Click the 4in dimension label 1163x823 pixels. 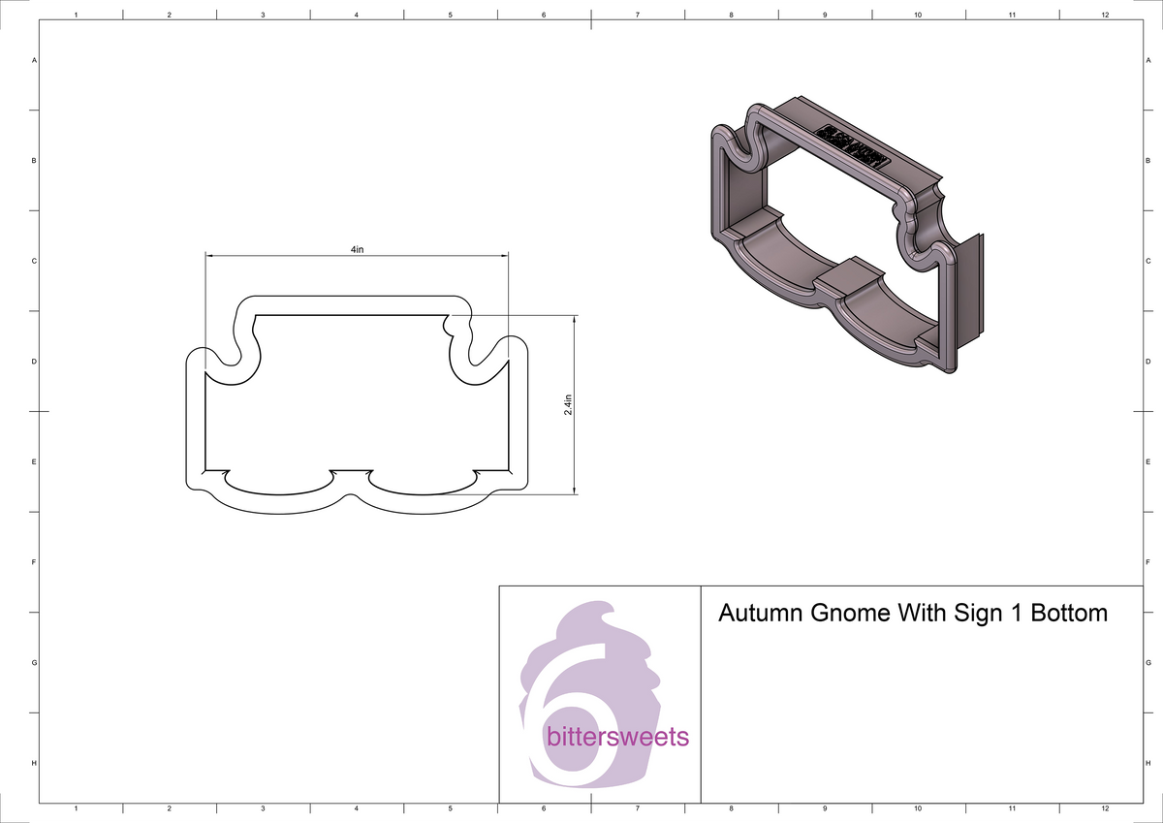pos(357,249)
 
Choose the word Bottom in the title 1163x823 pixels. pos(1069,614)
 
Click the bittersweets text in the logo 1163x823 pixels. pos(617,738)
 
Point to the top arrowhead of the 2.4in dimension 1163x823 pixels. pos(575,319)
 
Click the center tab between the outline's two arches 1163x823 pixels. pos(350,475)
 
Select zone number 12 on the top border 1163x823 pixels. pos(1105,16)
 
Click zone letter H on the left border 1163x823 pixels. pos(35,764)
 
